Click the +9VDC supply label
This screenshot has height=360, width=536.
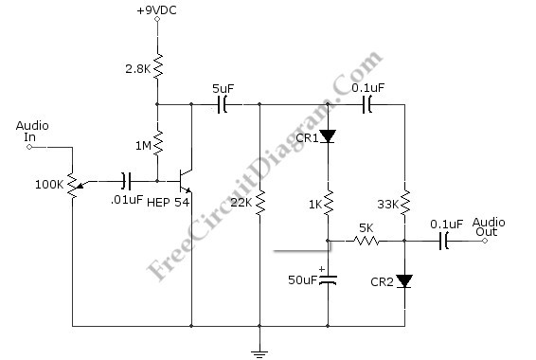156,10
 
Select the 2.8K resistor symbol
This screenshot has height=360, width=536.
157,66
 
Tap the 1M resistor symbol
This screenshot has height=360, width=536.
157,143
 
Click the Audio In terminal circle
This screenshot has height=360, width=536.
29,147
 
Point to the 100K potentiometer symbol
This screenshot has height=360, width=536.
74,185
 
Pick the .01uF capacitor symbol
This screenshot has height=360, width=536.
126,181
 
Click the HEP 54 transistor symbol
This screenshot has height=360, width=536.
185,181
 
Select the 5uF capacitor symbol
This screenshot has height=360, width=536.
222,104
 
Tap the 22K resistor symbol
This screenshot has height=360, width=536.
259,203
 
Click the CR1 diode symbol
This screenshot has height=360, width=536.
329,136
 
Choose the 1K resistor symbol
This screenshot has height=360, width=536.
329,203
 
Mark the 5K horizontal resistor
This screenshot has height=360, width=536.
366,241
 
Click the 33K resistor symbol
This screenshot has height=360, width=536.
404,203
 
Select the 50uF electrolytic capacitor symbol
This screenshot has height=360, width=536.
329,280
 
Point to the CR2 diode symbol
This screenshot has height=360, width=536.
404,281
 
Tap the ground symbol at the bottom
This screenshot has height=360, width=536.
259,353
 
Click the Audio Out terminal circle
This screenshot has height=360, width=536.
485,241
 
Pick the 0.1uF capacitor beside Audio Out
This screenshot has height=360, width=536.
444,241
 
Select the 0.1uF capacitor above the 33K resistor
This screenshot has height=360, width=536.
367,104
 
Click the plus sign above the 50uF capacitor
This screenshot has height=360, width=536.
321,269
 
